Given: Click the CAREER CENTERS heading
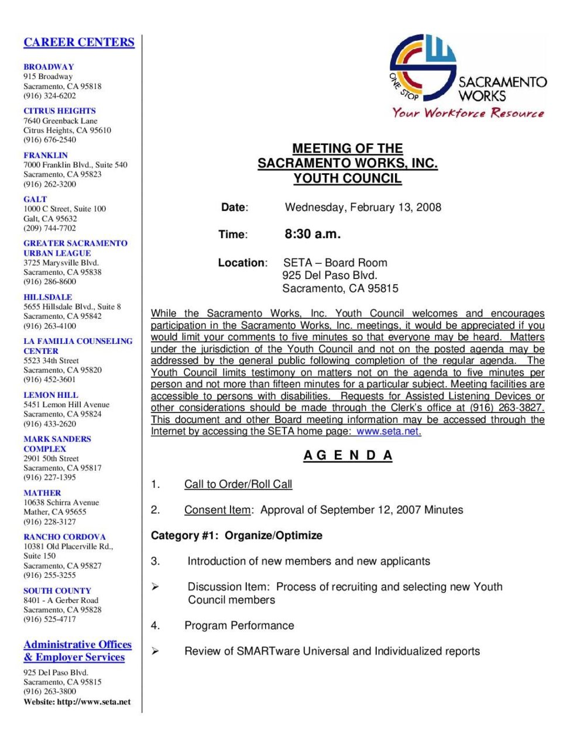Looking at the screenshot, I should click(x=79, y=42).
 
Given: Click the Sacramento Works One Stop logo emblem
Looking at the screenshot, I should click(x=423, y=67).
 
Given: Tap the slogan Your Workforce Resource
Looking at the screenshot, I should click(x=468, y=112).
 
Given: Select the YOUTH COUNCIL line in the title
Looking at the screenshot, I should click(x=348, y=178).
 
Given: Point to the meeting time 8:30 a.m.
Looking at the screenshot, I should click(x=313, y=234).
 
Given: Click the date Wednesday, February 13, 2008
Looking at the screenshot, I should click(x=363, y=207).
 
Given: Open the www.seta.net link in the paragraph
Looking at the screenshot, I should click(x=389, y=432).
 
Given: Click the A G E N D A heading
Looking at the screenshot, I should click(x=348, y=456).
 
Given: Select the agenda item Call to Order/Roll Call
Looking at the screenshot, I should click(x=238, y=484).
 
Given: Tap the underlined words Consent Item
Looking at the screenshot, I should click(x=217, y=510).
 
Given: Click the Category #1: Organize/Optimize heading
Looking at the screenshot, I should click(x=236, y=535).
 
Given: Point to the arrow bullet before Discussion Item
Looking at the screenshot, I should click(x=155, y=587).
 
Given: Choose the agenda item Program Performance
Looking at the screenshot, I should click(x=239, y=625).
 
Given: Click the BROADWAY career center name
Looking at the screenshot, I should click(x=49, y=67).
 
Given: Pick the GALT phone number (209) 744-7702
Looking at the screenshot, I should click(x=50, y=228).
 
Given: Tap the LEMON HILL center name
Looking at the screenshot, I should click(x=51, y=395).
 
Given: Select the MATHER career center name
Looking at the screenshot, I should click(x=42, y=493).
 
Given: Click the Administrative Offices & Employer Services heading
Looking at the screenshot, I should click(x=77, y=650).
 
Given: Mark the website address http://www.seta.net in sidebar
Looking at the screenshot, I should click(x=94, y=702).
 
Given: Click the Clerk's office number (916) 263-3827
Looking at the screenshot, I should click(x=507, y=408).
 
